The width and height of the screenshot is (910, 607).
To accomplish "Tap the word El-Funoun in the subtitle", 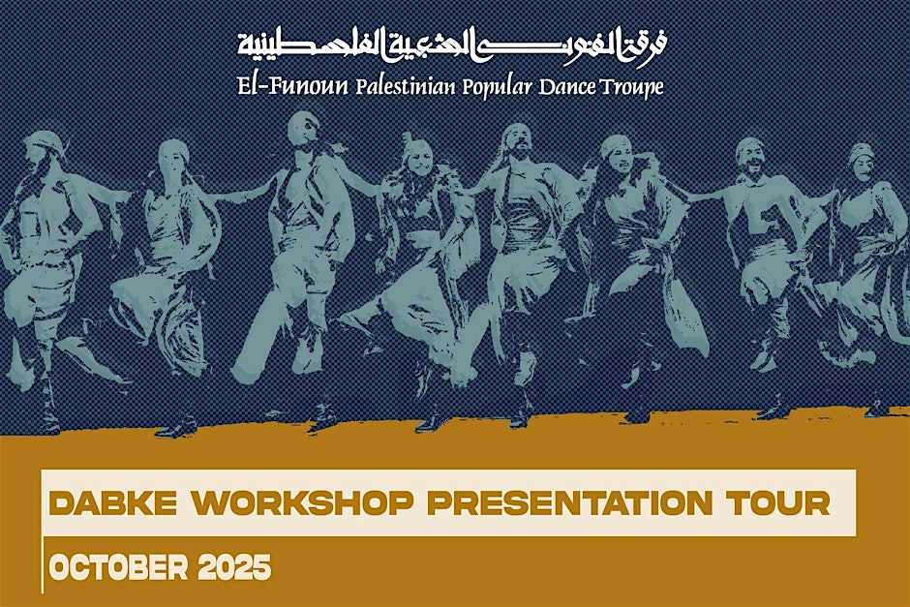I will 293,86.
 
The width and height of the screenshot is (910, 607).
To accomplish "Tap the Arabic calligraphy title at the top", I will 453,44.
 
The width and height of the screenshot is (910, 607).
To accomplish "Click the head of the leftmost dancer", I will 46,151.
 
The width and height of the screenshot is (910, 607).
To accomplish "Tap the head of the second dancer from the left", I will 175,155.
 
